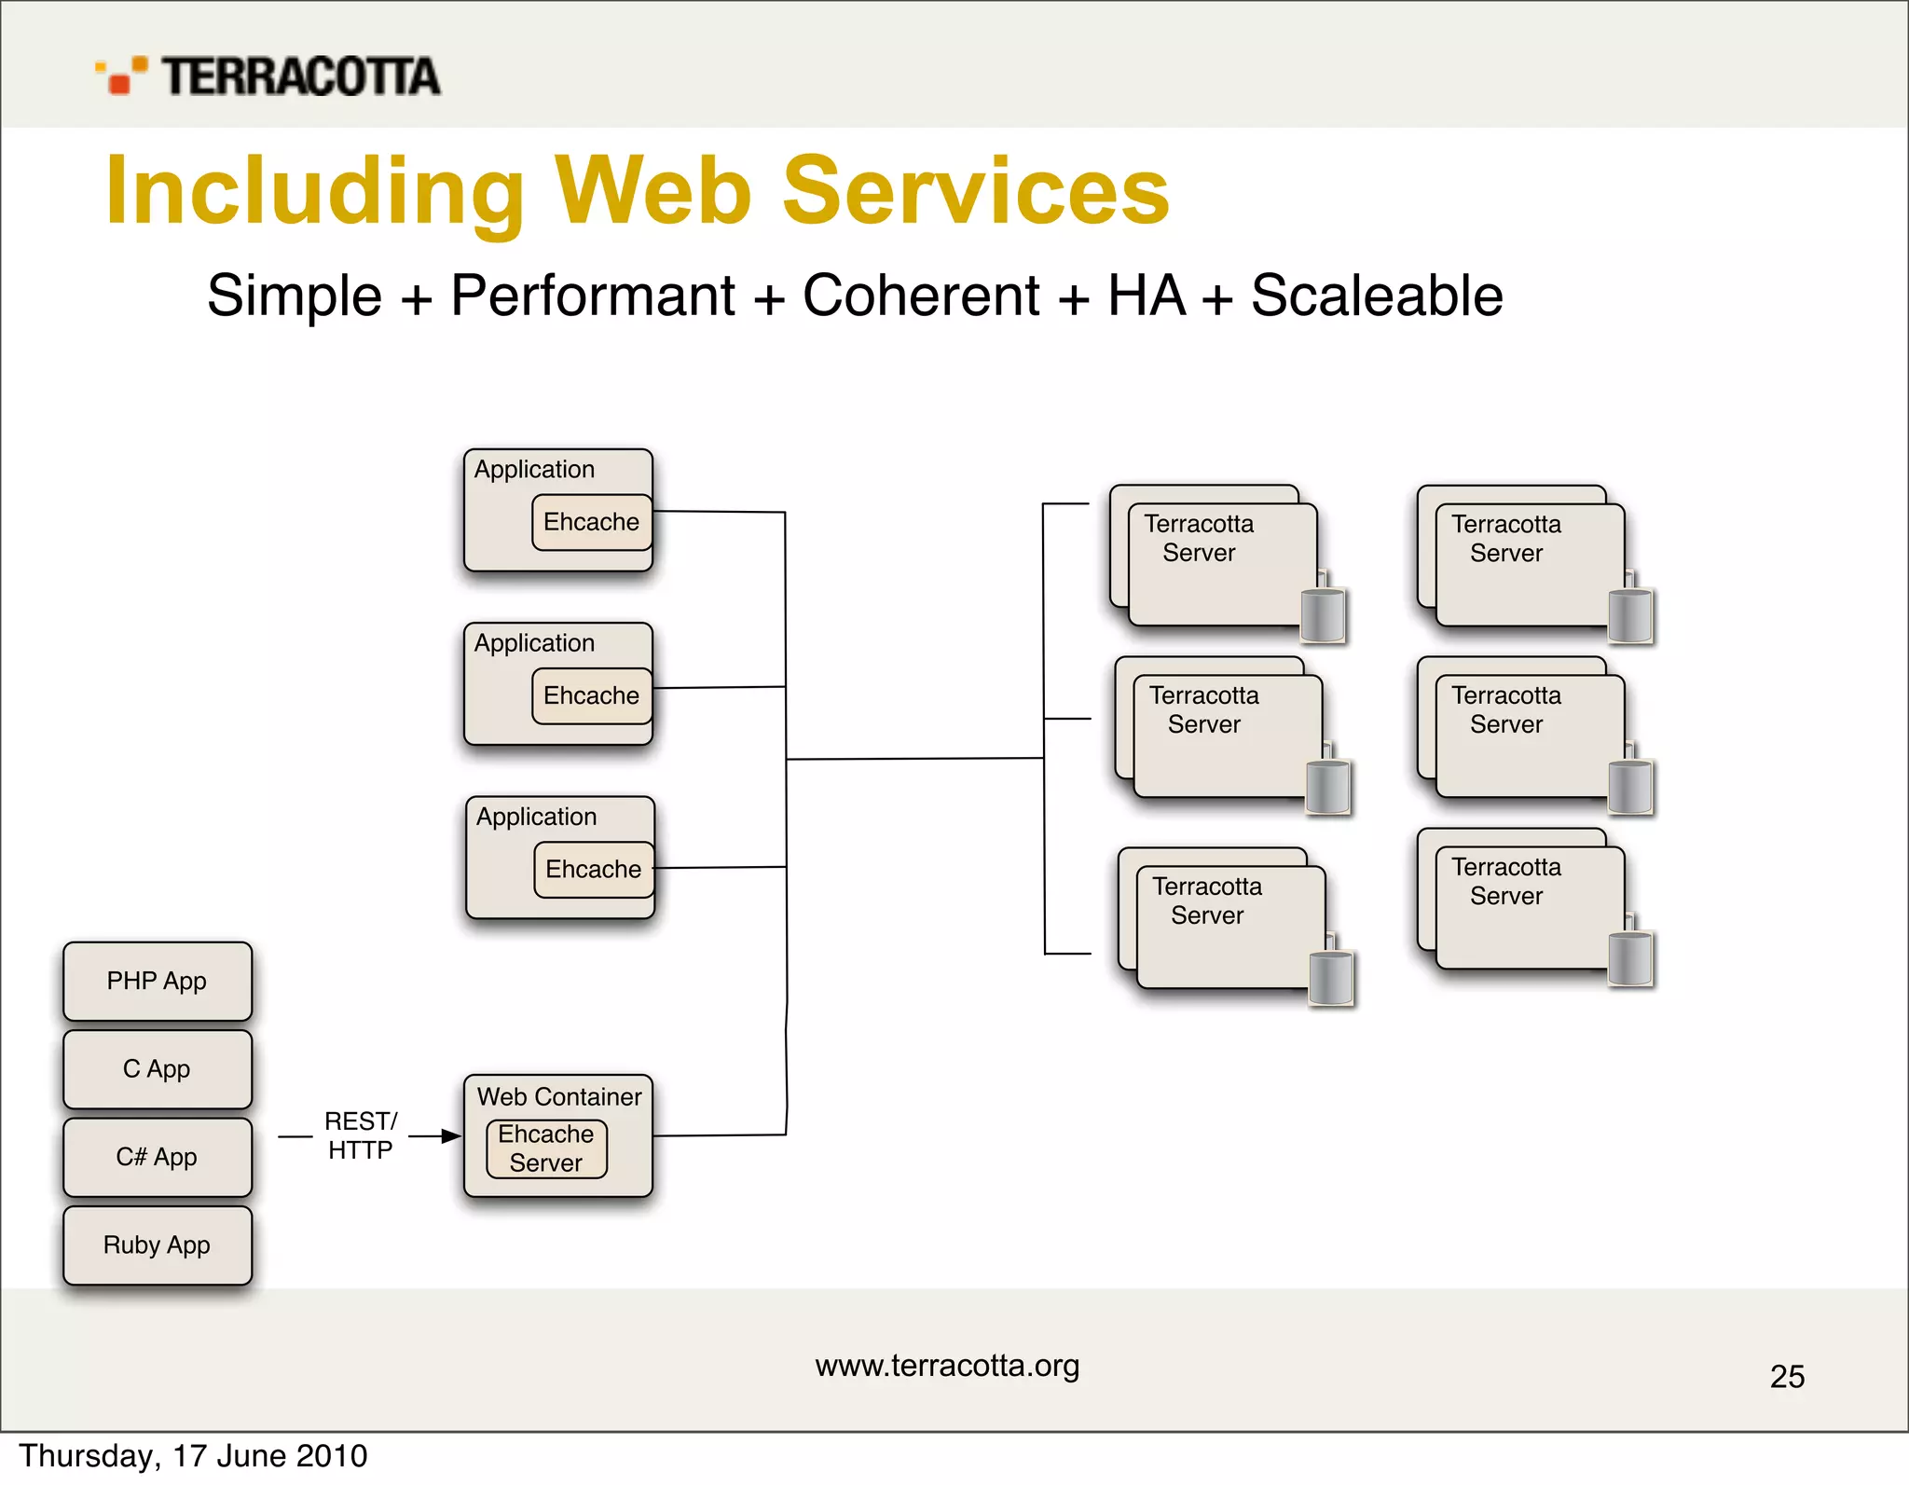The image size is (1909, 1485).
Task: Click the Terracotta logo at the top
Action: pos(268,76)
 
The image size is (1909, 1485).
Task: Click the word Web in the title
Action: pos(652,191)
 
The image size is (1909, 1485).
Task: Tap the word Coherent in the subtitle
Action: pos(920,296)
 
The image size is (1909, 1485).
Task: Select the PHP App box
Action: pos(157,982)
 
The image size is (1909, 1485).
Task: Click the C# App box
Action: pos(157,1158)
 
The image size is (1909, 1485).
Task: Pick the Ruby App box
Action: pos(157,1245)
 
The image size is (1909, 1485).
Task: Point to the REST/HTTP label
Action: pos(360,1135)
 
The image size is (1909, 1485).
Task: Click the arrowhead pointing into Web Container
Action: pos(451,1136)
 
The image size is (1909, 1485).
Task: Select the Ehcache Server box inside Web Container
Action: pos(546,1148)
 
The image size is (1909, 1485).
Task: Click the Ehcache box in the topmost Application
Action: pos(591,522)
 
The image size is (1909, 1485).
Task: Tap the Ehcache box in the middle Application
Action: pos(591,695)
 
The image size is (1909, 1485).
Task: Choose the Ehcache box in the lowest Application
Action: pos(593,870)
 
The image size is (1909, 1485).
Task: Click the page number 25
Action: pos(1787,1377)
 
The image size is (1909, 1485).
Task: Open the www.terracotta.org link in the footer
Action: pos(947,1366)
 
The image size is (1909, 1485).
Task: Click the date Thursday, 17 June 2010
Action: pos(193,1456)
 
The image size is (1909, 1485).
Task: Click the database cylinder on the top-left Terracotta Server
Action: pos(1323,615)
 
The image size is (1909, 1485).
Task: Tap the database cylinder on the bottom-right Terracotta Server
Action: pos(1630,958)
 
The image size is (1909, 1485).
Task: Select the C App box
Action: pos(157,1069)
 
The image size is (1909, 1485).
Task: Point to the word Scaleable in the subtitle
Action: pos(1376,296)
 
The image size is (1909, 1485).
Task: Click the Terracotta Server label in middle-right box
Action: pos(1505,710)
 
